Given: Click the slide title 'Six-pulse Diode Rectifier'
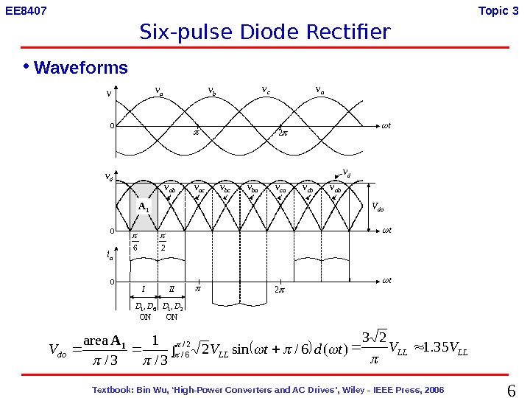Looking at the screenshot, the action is [264, 32].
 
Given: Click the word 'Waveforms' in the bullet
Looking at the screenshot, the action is [81, 69].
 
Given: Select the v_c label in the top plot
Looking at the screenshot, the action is [266, 91].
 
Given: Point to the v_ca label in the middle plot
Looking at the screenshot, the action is [280, 189].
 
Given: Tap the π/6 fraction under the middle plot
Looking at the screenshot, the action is [135, 242].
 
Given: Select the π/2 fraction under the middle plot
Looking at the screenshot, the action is [163, 242].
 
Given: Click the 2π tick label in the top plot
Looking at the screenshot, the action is [280, 133].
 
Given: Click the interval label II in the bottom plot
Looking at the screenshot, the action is [171, 289].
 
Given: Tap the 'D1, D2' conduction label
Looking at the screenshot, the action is [172, 305].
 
